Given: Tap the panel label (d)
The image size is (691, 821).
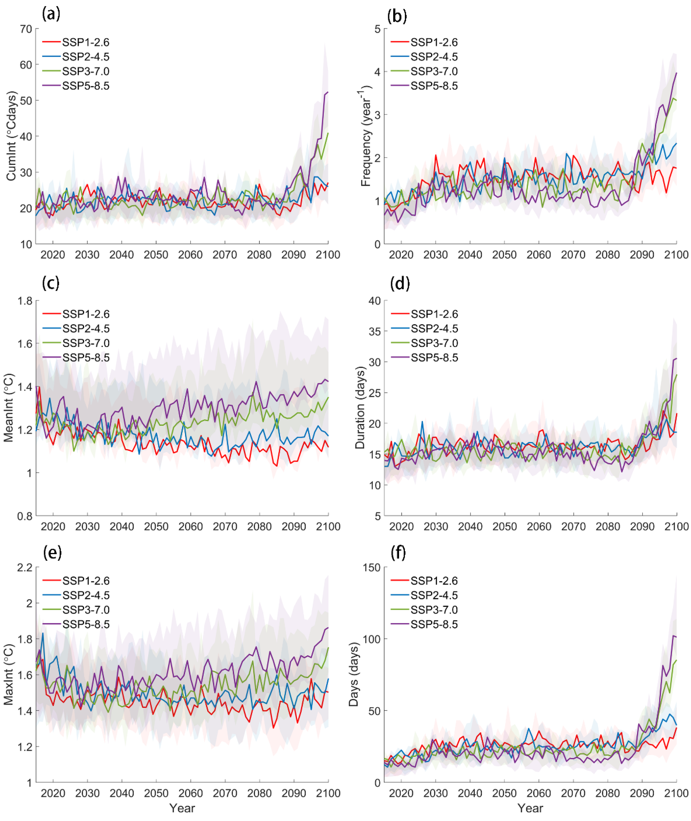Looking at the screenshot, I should [x=400, y=283].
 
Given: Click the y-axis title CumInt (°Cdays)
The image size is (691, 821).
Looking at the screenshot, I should [x=12, y=136].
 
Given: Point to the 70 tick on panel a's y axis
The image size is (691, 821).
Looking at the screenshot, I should [x=26, y=29].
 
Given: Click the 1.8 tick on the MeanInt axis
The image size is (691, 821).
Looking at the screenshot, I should [x=24, y=301].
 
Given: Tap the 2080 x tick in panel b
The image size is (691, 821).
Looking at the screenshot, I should [x=608, y=255].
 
